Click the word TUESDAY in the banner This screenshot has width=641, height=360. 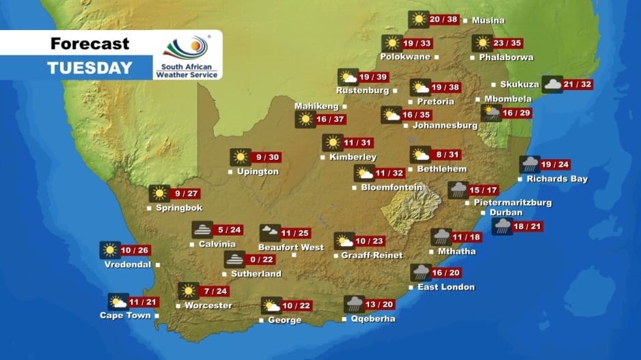[x=90, y=68]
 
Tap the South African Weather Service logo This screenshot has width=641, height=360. [x=187, y=55]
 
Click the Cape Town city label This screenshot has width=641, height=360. [x=126, y=315]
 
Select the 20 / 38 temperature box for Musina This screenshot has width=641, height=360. [x=444, y=20]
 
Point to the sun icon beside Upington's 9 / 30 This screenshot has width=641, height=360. [x=240, y=157]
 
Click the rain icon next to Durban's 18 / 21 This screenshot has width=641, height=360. [x=502, y=227]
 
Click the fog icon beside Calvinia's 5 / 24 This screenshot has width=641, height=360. [x=202, y=230]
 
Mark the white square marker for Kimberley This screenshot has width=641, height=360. [x=323, y=158]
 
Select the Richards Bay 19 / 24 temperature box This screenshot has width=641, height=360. [x=554, y=165]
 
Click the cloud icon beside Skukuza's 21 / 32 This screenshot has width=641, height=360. [x=552, y=85]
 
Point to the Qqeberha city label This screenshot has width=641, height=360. [x=372, y=318]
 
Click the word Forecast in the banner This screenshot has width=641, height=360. [x=90, y=44]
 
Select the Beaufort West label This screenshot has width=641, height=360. [x=291, y=247]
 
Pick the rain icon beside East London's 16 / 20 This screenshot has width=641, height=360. [x=421, y=273]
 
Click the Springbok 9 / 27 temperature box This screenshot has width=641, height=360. [x=185, y=194]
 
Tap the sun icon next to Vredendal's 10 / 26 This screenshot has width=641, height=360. [x=110, y=250]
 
